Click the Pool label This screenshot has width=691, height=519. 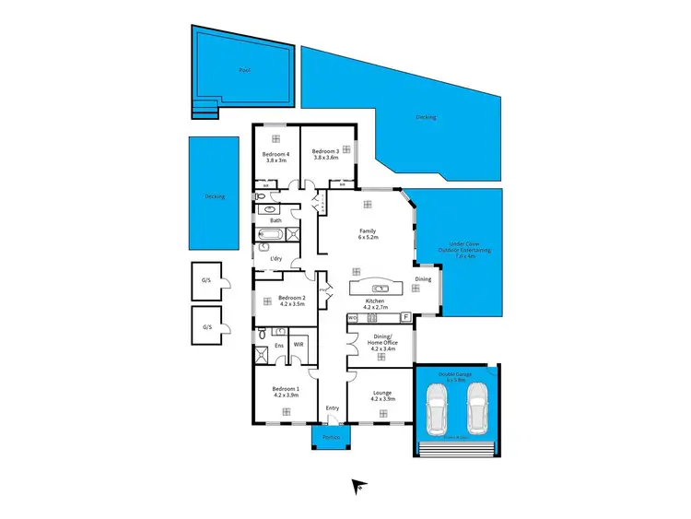(244, 70)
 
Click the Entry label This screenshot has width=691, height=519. (332, 408)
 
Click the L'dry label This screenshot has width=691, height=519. (275, 258)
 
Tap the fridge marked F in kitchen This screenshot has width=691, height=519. (405, 317)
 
